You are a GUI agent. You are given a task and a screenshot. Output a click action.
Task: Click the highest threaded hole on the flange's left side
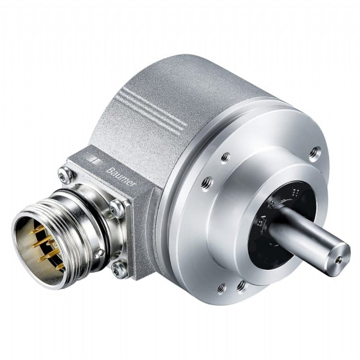point(226,157)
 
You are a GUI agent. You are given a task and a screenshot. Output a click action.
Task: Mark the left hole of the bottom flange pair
point(222,288)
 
